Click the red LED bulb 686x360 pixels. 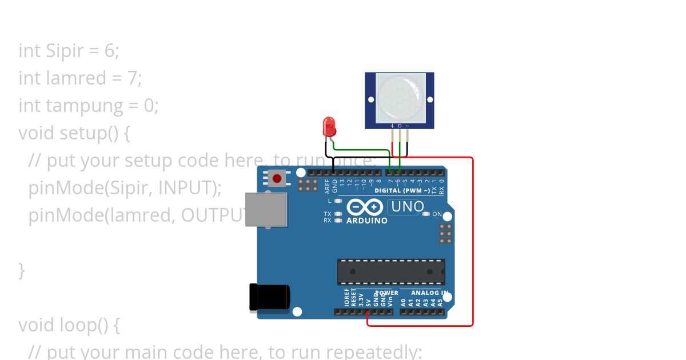(x=329, y=126)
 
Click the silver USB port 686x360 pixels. (x=266, y=209)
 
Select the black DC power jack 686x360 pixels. (x=269, y=297)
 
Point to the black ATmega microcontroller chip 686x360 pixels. (x=391, y=271)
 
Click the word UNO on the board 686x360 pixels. (x=407, y=206)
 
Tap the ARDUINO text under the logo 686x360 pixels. (x=367, y=221)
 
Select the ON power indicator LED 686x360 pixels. (x=426, y=214)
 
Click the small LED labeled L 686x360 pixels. (x=338, y=201)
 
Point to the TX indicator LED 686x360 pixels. (x=338, y=214)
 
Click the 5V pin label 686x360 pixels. (x=368, y=299)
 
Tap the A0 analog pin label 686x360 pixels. (x=403, y=301)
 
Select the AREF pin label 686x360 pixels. (x=328, y=185)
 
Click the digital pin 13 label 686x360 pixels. (x=342, y=183)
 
